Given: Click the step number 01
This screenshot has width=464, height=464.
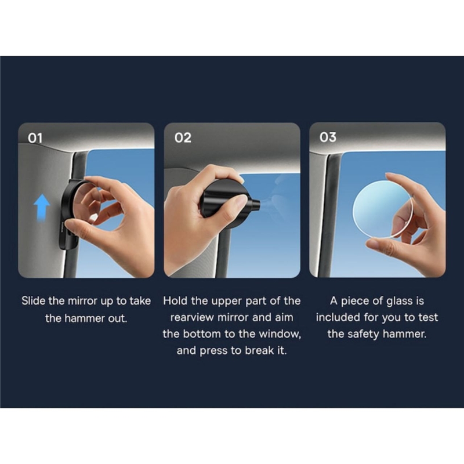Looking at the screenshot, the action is pyautogui.click(x=35, y=138).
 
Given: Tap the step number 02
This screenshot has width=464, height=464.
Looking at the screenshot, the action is pyautogui.click(x=183, y=137).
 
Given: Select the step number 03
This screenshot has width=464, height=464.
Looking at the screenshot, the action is pyautogui.click(x=328, y=137).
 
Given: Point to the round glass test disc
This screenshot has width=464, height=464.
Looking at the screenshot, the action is pyautogui.click(x=383, y=210).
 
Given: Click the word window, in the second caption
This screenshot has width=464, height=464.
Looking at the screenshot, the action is pyautogui.click(x=280, y=334).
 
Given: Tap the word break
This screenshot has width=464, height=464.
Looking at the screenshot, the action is pyautogui.click(x=259, y=351).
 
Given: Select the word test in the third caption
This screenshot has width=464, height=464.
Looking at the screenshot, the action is pyautogui.click(x=428, y=318).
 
